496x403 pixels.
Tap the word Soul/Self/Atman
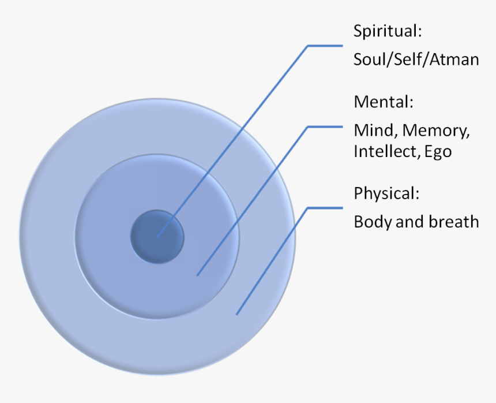pos(416,59)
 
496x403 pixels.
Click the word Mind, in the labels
pos(375,130)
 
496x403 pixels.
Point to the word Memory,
pos(436,130)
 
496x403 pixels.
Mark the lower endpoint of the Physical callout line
pos(236,314)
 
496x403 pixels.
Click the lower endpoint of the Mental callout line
pos(197,275)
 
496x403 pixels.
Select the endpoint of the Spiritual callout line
pos(157,236)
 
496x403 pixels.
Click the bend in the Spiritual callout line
pos(307,45)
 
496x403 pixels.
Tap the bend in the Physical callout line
pos(307,207)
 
